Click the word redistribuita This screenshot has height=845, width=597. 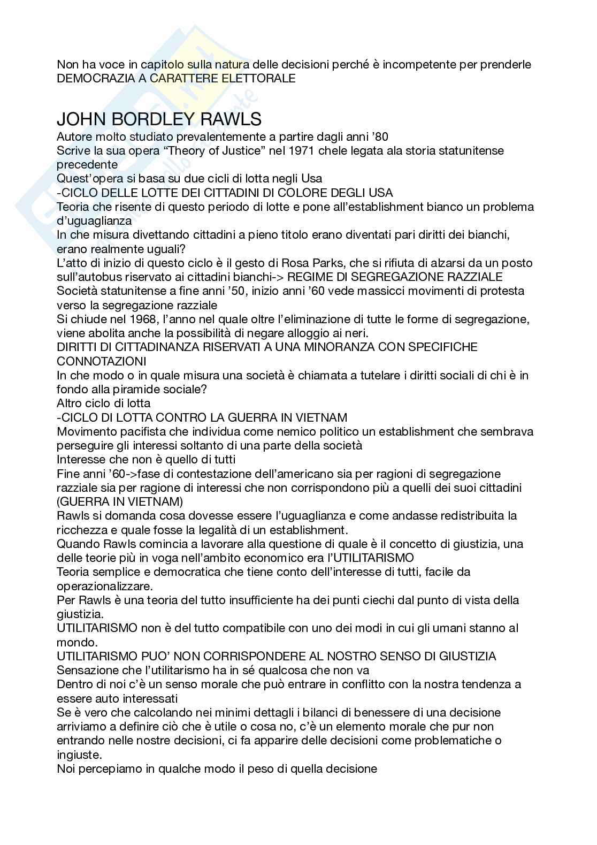tap(463, 516)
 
